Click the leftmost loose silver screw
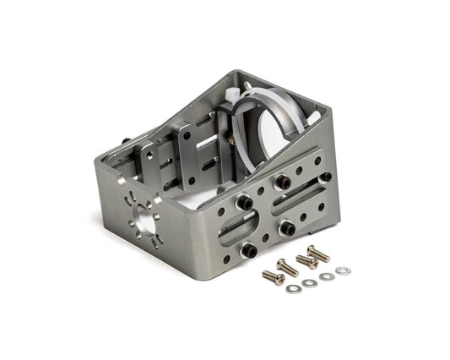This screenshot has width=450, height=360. (271, 276)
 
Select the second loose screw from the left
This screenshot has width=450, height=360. (286, 267)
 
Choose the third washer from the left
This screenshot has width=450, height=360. (326, 276)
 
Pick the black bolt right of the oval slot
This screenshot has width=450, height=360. (285, 226)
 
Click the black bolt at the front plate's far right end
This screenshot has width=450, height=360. (325, 177)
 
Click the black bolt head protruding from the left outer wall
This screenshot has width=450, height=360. (126, 143)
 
